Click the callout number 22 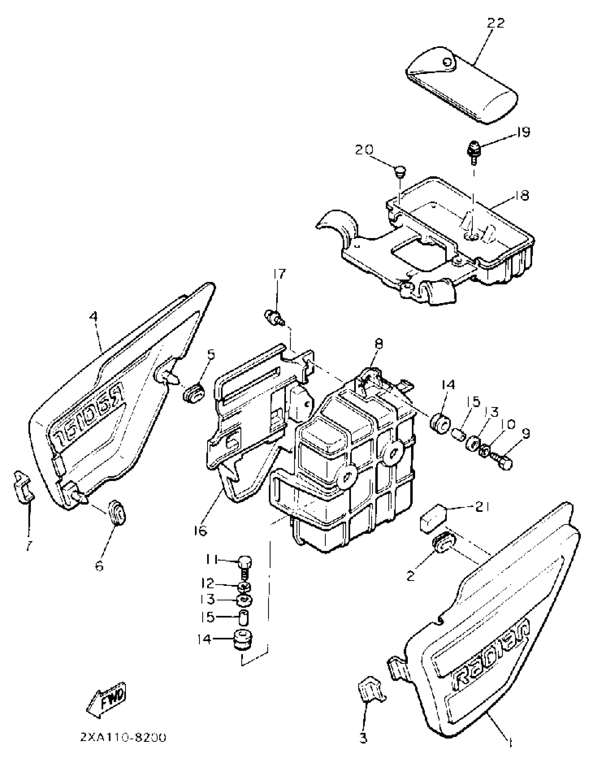[496, 23]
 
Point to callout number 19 [523, 132]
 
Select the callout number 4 [93, 317]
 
